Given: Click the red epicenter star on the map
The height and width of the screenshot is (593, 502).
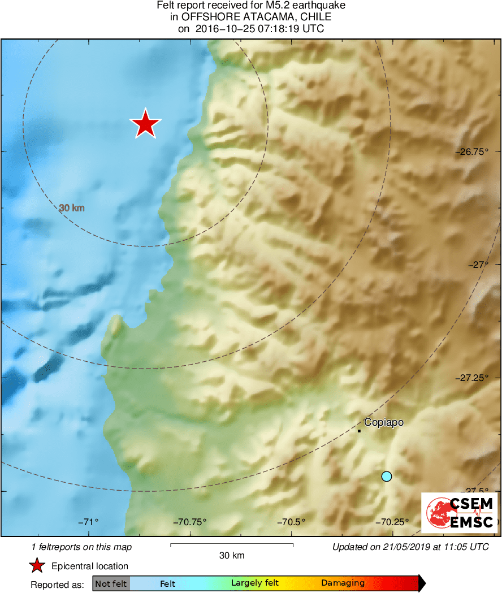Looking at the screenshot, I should click(x=145, y=124).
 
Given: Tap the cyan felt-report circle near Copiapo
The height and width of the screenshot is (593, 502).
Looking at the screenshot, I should click(x=387, y=477).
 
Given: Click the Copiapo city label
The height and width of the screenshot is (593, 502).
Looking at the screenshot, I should click(x=384, y=422).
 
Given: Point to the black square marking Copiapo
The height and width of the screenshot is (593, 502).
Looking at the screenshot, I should click(x=359, y=431).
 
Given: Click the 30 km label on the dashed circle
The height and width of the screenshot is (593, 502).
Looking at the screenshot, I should click(x=72, y=208).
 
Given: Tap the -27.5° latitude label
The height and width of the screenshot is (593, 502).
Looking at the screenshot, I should click(x=478, y=491).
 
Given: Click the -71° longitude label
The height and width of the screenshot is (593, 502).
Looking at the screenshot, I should click(x=88, y=522).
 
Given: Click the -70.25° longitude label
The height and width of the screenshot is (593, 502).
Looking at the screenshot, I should click(x=391, y=522).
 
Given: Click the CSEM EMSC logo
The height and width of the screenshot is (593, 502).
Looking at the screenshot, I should click(x=460, y=512).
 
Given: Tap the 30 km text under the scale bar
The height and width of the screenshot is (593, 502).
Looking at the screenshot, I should click(x=232, y=555).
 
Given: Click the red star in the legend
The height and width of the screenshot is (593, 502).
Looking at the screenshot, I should click(x=37, y=566).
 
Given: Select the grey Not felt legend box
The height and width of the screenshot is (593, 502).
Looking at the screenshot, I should click(x=111, y=583).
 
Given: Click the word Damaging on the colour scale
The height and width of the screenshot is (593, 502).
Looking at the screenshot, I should click(x=343, y=583).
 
